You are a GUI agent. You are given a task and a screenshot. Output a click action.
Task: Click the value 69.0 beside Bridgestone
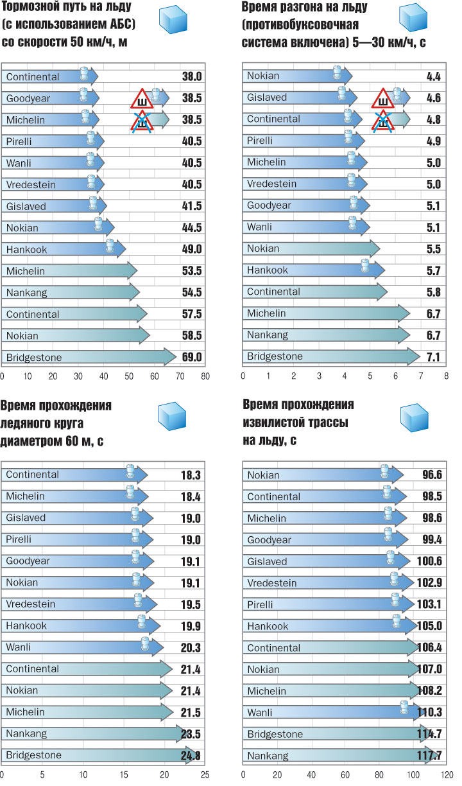click(x=192, y=357)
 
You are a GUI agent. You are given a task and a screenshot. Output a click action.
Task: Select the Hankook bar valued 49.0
click(x=64, y=249)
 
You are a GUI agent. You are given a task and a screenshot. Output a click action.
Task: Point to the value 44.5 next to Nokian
click(x=192, y=227)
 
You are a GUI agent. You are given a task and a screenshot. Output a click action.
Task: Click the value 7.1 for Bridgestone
click(x=433, y=357)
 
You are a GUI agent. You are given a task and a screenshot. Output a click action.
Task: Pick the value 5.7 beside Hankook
click(x=433, y=271)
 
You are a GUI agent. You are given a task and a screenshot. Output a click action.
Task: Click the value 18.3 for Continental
click(x=192, y=475)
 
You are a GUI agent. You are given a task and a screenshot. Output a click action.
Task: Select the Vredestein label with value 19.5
click(x=30, y=604)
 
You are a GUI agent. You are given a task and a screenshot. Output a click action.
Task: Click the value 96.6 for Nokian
click(x=433, y=475)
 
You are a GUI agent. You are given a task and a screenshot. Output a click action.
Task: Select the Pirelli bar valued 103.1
click(x=327, y=604)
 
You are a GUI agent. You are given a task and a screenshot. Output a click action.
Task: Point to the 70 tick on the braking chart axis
click(x=180, y=376)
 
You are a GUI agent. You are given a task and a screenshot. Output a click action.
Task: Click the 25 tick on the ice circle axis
click(x=205, y=774)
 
